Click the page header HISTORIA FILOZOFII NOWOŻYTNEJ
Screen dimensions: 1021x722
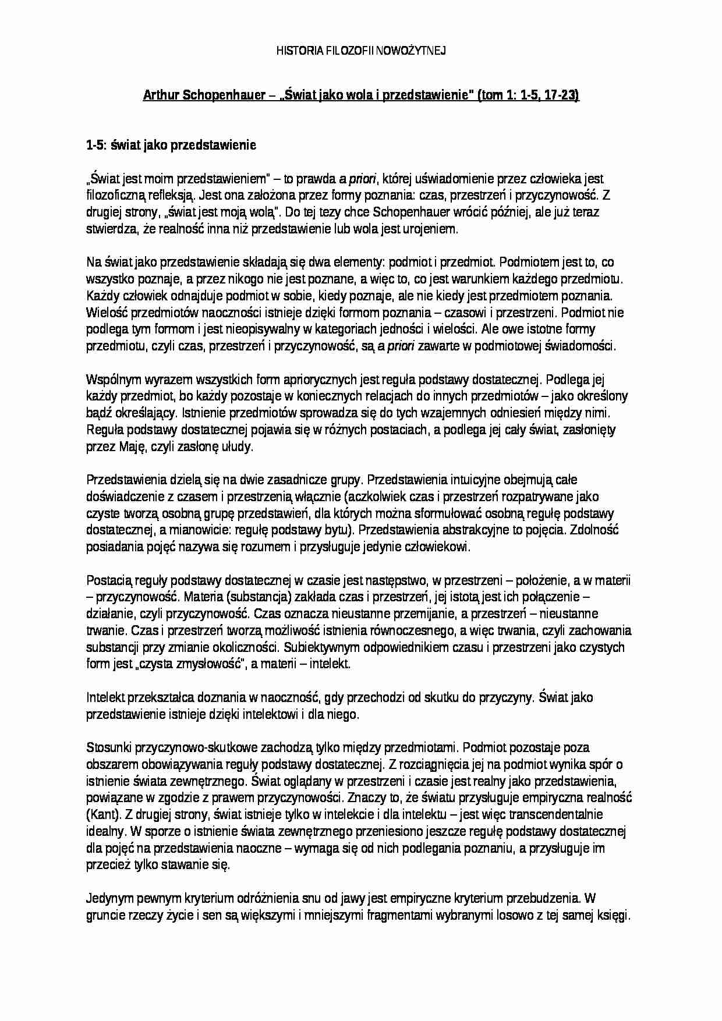(360, 51)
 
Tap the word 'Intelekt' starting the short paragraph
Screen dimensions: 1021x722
(105, 697)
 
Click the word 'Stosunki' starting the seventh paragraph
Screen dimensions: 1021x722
(108, 747)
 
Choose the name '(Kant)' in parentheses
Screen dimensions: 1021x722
(104, 814)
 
